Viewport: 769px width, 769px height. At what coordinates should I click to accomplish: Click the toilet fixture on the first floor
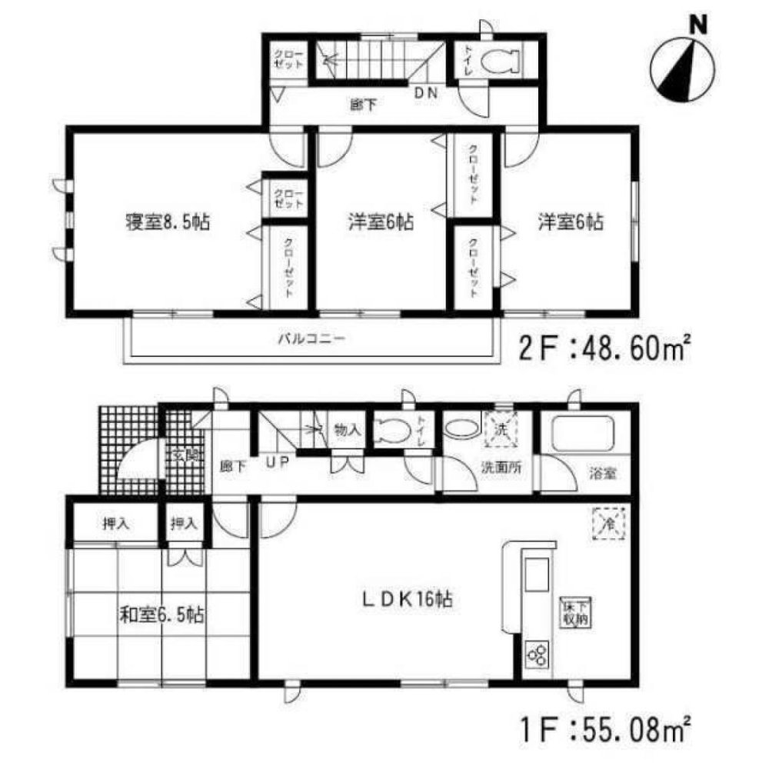[393, 430]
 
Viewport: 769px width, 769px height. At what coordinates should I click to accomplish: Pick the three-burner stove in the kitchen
[536, 656]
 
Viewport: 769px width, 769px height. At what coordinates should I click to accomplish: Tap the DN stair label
[425, 93]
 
